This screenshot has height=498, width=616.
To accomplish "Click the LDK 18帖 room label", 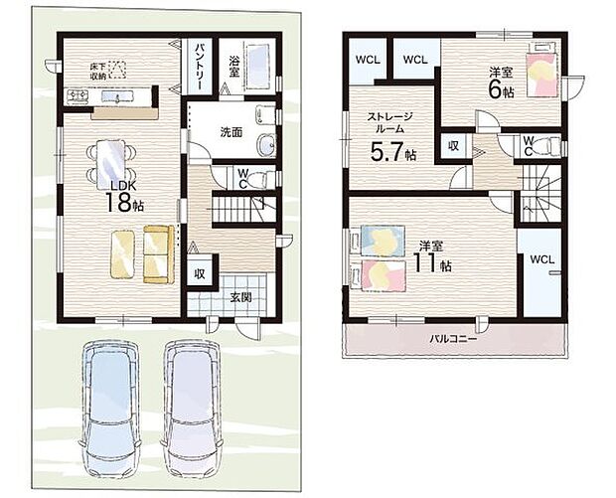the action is (124, 198).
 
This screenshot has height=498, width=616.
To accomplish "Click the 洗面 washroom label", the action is (231, 132).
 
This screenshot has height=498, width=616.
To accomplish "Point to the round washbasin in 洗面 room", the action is (267, 145).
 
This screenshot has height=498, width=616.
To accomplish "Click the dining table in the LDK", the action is (111, 160).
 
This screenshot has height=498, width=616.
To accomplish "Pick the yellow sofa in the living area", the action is (158, 253).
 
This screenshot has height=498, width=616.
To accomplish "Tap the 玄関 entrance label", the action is (240, 297).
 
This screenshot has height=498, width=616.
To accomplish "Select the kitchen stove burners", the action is (77, 95).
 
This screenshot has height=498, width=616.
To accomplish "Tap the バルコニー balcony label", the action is (453, 338).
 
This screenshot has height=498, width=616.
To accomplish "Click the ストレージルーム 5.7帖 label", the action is (390, 136).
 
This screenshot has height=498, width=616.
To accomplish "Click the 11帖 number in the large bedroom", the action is (431, 263).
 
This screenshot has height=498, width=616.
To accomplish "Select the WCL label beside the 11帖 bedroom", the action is (542, 259).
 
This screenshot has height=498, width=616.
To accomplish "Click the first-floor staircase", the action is (243, 209).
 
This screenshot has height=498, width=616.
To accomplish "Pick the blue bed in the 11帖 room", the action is (382, 241).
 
